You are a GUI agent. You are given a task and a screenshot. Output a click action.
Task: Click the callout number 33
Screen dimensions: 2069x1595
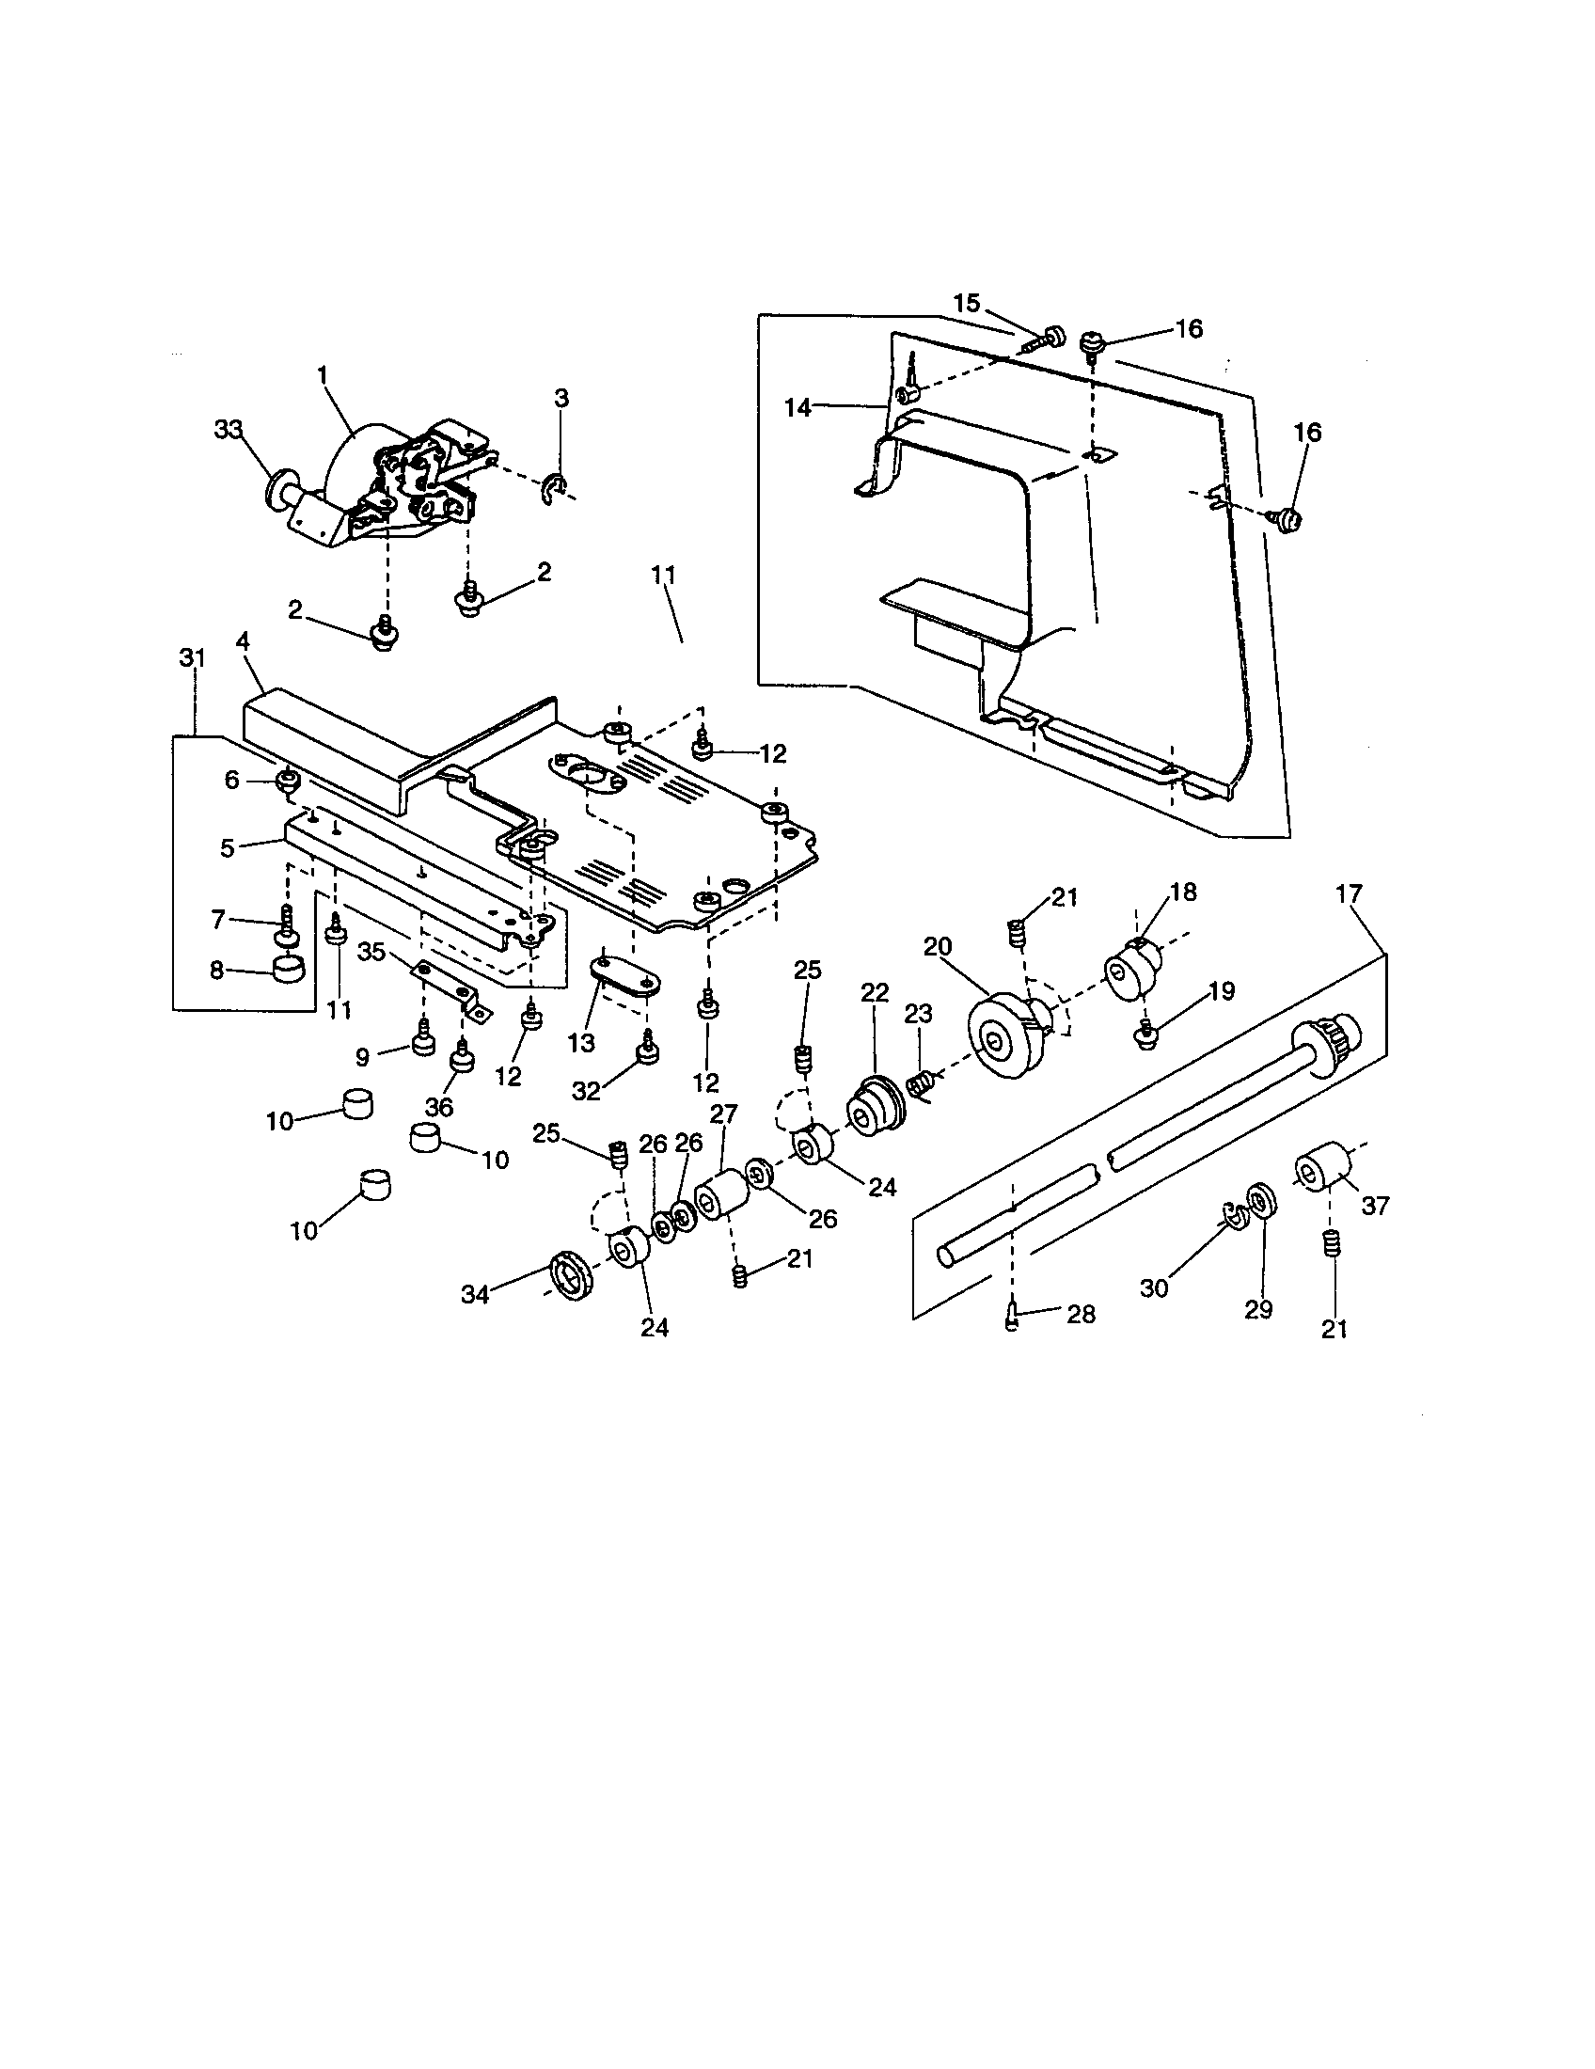point(229,430)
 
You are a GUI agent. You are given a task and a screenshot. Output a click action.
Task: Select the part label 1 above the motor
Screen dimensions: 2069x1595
point(322,374)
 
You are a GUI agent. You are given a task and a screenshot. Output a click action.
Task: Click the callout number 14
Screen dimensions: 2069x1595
point(797,407)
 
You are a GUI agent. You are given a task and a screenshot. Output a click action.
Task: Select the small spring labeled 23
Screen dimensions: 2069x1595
point(921,1082)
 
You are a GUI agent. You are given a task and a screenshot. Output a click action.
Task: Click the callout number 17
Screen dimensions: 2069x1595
point(1349,893)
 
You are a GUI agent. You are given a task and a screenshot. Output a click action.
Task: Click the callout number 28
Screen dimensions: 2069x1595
point(1081,1314)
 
